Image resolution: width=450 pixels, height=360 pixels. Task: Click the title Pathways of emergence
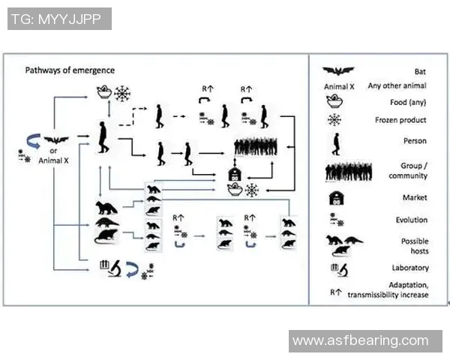coord(70,70)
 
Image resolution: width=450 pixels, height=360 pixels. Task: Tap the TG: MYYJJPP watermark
coord(59,19)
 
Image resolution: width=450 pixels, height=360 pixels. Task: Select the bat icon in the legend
coord(339,71)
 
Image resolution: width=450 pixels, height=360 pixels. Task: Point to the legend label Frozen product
coord(400,120)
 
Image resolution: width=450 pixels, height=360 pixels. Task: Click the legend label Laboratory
coord(409,267)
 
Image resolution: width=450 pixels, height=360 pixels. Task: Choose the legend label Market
coord(414,198)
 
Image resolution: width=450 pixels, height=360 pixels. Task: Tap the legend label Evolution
coord(412,220)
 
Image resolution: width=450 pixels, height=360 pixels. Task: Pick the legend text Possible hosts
coord(414,247)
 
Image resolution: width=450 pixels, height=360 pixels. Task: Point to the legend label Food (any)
coord(409,103)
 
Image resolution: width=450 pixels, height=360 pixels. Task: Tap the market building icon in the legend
coord(334,198)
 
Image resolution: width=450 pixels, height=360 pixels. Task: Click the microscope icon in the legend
coord(337,267)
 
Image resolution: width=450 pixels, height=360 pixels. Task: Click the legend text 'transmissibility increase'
coord(388,295)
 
